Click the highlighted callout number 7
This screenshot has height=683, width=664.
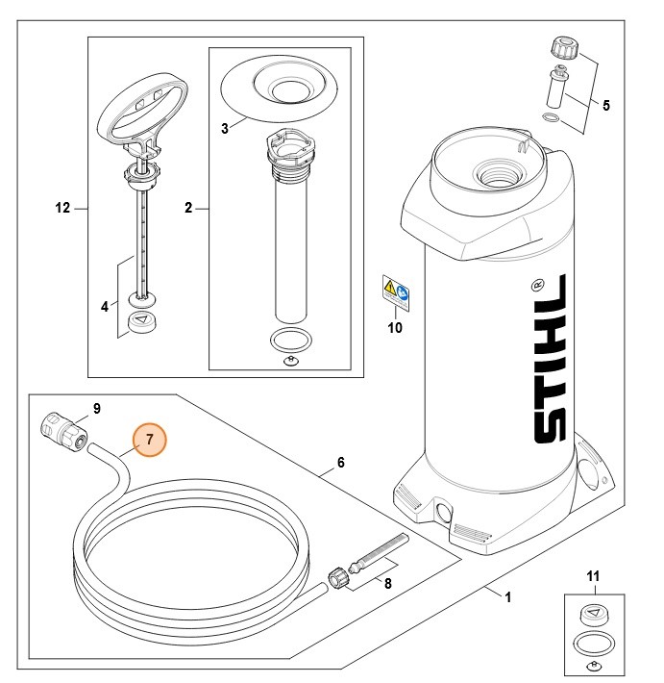pyautogui.click(x=150, y=442)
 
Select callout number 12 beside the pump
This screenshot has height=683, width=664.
pyautogui.click(x=62, y=207)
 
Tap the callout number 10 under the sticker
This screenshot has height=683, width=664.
pyautogui.click(x=395, y=327)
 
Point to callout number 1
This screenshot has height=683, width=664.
pyautogui.click(x=507, y=596)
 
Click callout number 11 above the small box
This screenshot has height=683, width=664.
pyautogui.click(x=593, y=577)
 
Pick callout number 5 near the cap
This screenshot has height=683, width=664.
pyautogui.click(x=606, y=106)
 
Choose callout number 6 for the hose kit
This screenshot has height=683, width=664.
pyautogui.click(x=340, y=462)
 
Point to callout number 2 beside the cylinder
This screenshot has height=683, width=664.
pyautogui.click(x=187, y=207)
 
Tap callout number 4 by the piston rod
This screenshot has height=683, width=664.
pyautogui.click(x=104, y=307)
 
